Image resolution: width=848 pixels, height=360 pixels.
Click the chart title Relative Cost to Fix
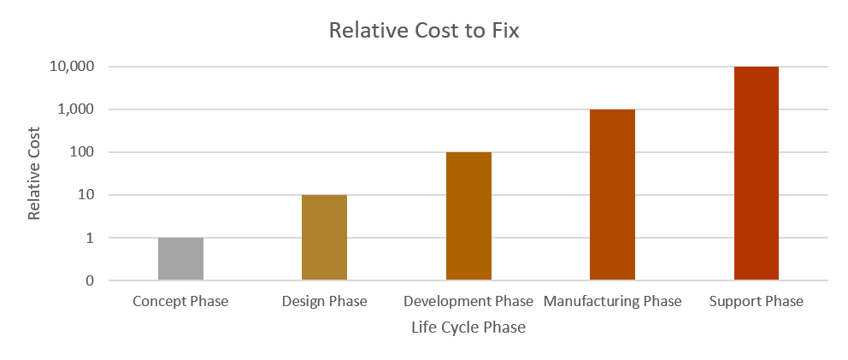tap(424, 32)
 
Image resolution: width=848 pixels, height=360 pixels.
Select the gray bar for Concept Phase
tap(180, 259)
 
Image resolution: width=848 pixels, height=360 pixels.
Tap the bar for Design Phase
tap(324, 238)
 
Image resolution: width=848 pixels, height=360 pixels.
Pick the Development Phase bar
tap(468, 216)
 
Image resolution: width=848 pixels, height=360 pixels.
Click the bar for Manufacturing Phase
tap(612, 195)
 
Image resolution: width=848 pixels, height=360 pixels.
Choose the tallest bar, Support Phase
tap(757, 174)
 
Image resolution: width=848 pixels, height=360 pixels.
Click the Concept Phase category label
tap(180, 302)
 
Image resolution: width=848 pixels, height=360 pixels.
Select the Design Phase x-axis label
tap(324, 302)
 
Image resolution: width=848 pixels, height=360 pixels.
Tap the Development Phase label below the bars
tap(468, 302)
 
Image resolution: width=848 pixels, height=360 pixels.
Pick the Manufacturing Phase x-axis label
tap(612, 302)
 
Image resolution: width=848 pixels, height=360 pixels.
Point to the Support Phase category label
tap(757, 302)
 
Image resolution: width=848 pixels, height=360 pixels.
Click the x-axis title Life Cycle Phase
tap(468, 328)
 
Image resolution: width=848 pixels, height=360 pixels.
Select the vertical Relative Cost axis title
tap(34, 174)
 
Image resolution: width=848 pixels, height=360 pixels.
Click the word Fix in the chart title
tap(503, 32)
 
